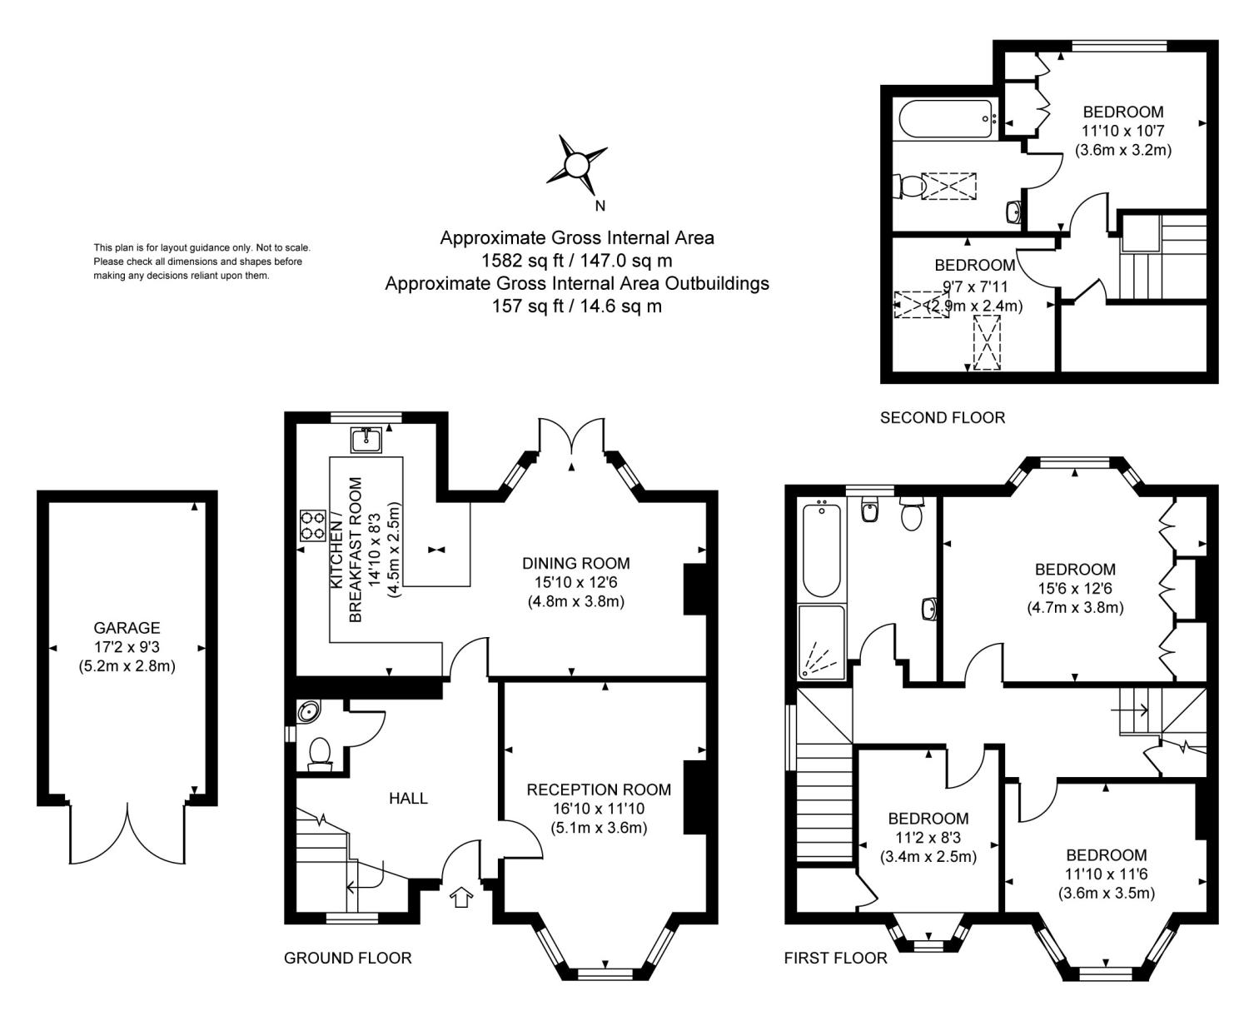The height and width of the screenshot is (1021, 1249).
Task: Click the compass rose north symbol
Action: [575, 165]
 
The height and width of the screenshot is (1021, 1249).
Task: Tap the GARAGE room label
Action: [127, 628]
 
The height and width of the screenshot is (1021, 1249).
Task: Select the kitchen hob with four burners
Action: [313, 525]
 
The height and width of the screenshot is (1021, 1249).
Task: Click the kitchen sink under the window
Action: [366, 440]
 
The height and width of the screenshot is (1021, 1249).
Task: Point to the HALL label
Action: [408, 799]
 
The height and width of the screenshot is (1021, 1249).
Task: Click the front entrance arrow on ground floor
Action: [461, 897]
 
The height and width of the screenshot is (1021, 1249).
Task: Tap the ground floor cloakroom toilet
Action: [320, 754]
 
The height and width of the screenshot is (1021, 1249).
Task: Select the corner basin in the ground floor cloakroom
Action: [308, 710]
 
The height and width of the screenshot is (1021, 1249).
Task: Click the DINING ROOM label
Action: [575, 563]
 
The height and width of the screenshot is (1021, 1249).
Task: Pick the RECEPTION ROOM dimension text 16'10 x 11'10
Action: [599, 809]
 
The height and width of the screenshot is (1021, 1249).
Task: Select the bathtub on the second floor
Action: [945, 119]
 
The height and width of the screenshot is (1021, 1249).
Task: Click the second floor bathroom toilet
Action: [908, 187]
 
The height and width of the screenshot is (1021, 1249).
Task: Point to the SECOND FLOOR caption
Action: [943, 417]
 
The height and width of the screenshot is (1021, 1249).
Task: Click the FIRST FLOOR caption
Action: [836, 958]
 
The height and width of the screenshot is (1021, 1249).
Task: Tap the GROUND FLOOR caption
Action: [347, 958]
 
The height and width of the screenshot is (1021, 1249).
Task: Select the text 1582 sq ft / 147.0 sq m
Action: [577, 261]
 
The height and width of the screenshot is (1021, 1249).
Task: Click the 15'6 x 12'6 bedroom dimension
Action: [1075, 589]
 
